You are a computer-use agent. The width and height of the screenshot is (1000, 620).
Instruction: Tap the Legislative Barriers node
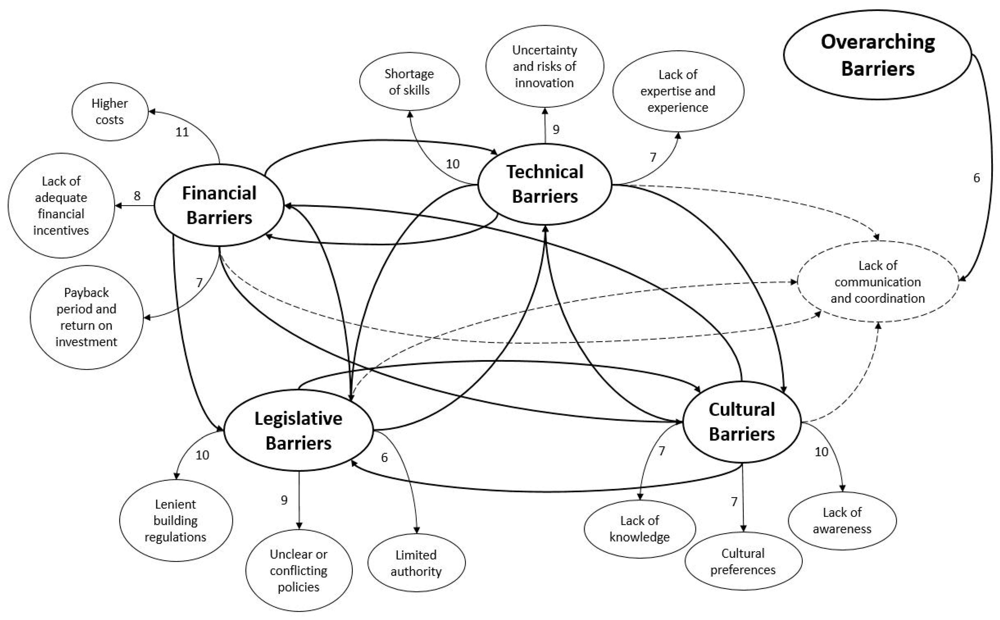(298, 431)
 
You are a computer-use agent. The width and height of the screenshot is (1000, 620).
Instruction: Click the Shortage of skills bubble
(409, 81)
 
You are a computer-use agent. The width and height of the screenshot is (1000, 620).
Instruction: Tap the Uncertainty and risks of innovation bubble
(545, 66)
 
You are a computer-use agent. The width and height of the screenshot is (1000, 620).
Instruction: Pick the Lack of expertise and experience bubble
(678, 91)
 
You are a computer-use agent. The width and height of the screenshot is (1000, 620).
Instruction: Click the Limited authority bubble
(416, 563)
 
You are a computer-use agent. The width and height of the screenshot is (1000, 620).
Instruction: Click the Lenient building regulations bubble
(176, 520)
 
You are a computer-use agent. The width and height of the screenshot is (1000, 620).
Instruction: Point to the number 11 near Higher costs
(182, 132)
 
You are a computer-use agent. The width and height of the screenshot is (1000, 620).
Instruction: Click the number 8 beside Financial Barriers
(137, 196)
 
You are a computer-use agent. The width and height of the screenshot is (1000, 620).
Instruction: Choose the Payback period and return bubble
(87, 317)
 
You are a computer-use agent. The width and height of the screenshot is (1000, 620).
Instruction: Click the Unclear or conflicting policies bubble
(299, 570)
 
